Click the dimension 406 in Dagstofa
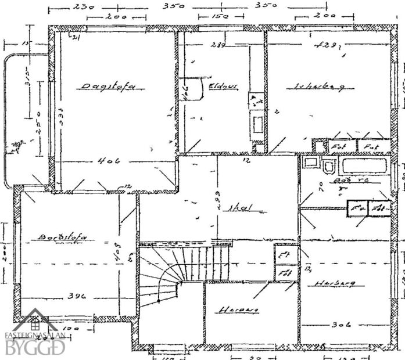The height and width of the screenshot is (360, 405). (109, 161)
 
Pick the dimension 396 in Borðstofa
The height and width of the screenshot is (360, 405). (76, 296)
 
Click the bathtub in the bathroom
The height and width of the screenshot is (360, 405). (364, 165)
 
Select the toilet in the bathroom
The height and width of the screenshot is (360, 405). (329, 167)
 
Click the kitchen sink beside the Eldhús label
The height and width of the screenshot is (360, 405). (256, 124)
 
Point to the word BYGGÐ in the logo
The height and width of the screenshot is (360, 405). (35, 348)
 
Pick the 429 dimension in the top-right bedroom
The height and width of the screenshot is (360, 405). (325, 44)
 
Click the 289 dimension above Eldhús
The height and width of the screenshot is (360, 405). (218, 44)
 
